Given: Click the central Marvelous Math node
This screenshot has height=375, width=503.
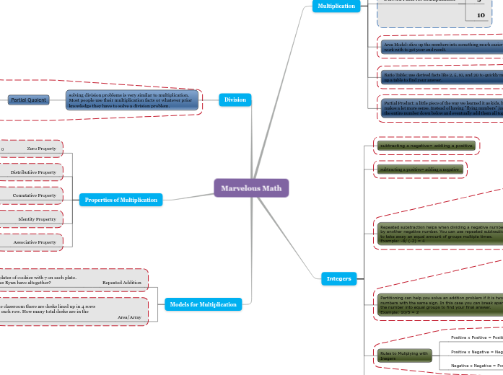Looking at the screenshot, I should click(x=251, y=188).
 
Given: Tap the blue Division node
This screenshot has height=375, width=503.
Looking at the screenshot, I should click(x=235, y=100).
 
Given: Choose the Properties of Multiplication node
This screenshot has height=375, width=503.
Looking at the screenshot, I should click(x=121, y=200).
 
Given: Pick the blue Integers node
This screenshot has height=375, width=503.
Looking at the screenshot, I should click(x=338, y=278).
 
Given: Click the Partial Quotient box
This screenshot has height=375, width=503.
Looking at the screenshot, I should click(x=29, y=100).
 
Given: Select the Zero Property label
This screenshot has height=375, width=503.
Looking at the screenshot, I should click(x=41, y=149).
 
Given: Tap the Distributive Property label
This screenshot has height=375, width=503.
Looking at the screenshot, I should click(x=33, y=172).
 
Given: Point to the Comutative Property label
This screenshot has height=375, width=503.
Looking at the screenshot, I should click(x=34, y=195).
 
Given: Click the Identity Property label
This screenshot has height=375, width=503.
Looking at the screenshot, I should click(x=37, y=219).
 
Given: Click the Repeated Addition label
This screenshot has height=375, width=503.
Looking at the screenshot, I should click(x=121, y=283).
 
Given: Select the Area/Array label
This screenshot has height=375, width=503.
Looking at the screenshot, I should click(x=129, y=317).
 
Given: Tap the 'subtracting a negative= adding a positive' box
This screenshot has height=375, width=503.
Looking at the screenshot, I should click(x=426, y=146).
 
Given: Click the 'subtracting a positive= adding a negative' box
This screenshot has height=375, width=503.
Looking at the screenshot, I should click(x=420, y=169).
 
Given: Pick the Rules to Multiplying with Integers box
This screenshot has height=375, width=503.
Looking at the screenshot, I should click(x=405, y=356).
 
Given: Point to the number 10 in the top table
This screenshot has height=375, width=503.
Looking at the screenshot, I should click(x=481, y=14).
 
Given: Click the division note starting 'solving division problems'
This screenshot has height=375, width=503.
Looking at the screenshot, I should click(x=131, y=100).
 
